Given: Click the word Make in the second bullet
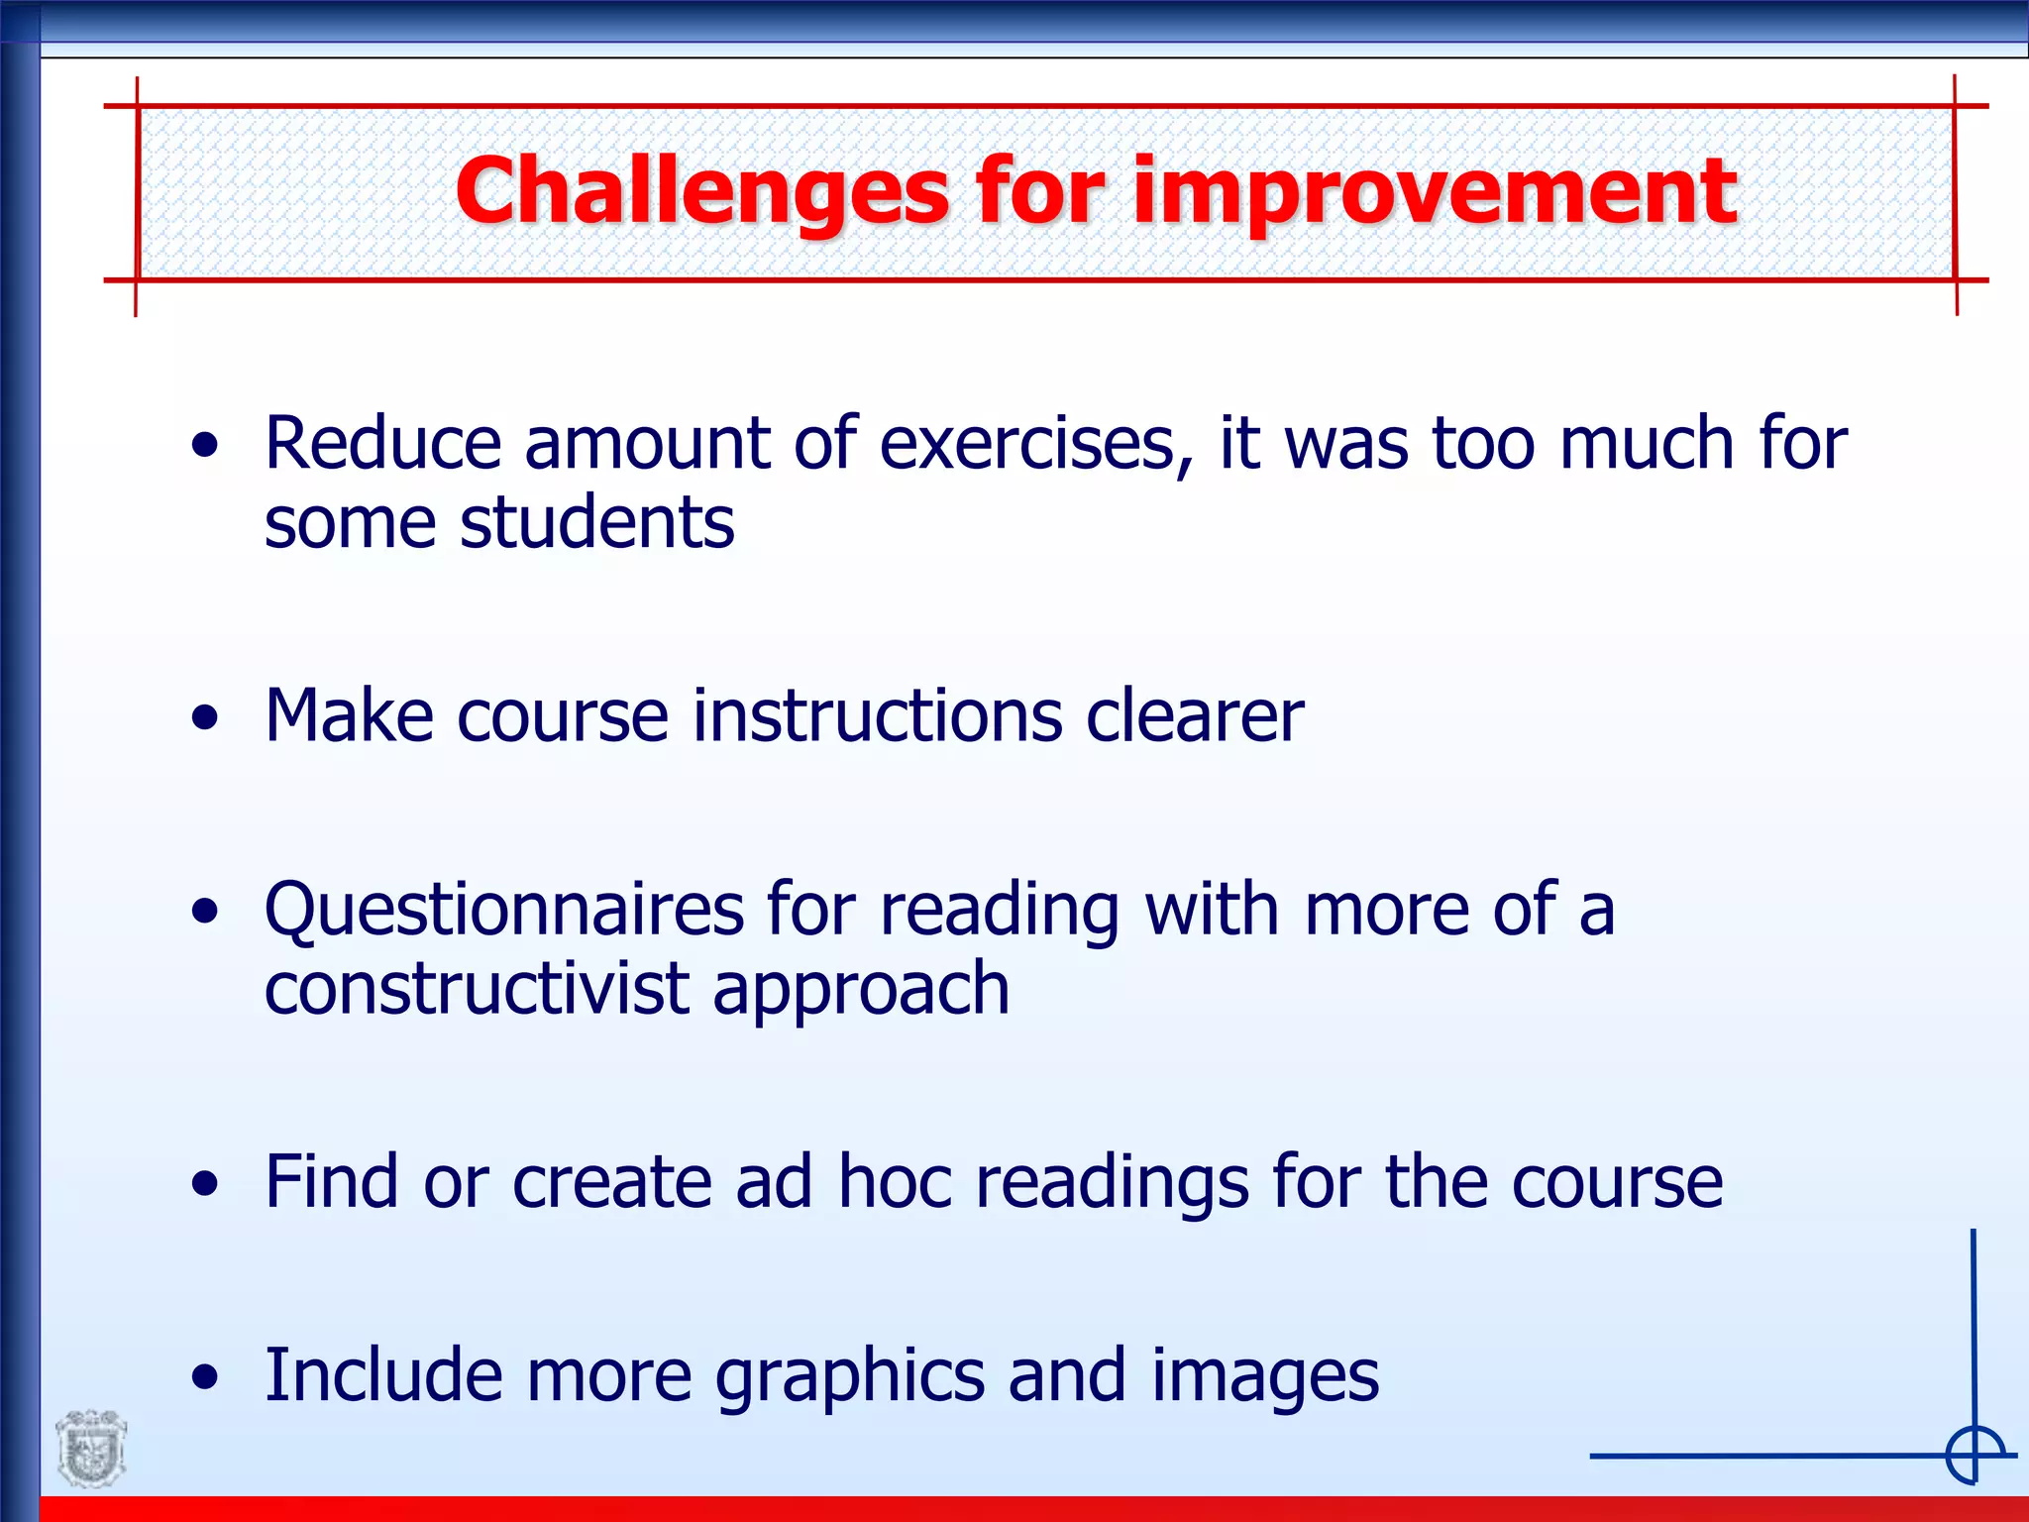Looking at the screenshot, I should (349, 715).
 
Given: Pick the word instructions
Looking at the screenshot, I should (878, 715).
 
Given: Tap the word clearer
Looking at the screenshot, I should (1195, 715).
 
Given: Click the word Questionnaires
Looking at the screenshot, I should (504, 910).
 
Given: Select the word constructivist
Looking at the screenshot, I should (477, 989).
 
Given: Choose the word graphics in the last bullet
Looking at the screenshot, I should (850, 1377).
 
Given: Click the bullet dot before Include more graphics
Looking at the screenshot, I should (205, 1378).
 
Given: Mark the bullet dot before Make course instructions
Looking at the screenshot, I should (205, 717).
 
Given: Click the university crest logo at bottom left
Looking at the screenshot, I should (91, 1449).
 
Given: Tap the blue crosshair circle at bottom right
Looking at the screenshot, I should (1975, 1456).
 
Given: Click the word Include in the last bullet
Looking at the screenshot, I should (382, 1375).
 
